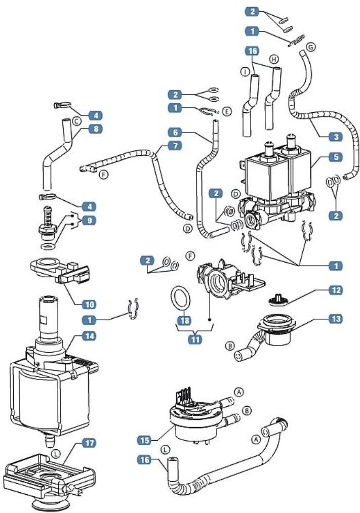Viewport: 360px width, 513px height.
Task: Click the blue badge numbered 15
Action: tap(145, 440)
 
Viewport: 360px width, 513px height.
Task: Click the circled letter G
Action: tap(311, 46)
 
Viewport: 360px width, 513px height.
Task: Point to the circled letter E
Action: tap(226, 110)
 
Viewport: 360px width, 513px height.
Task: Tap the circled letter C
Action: tap(76, 121)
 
